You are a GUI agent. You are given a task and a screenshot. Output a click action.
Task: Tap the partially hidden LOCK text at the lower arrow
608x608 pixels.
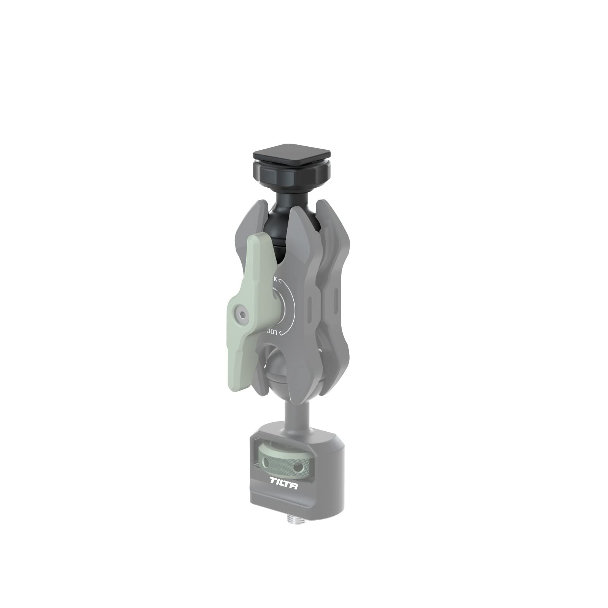pos(271,332)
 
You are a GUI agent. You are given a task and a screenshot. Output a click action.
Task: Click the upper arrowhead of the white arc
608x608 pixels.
pos(280,282)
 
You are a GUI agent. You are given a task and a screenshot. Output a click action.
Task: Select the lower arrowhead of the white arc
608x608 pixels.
pos(280,333)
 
